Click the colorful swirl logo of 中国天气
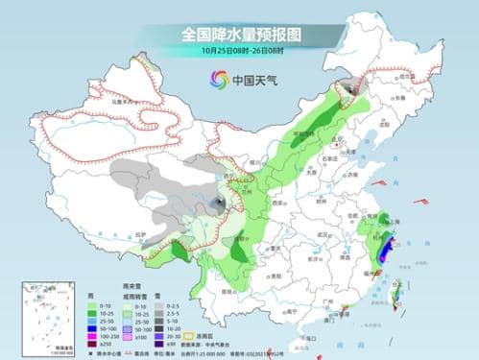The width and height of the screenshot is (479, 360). point(214,82)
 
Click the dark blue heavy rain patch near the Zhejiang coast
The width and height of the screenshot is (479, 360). point(383,252)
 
